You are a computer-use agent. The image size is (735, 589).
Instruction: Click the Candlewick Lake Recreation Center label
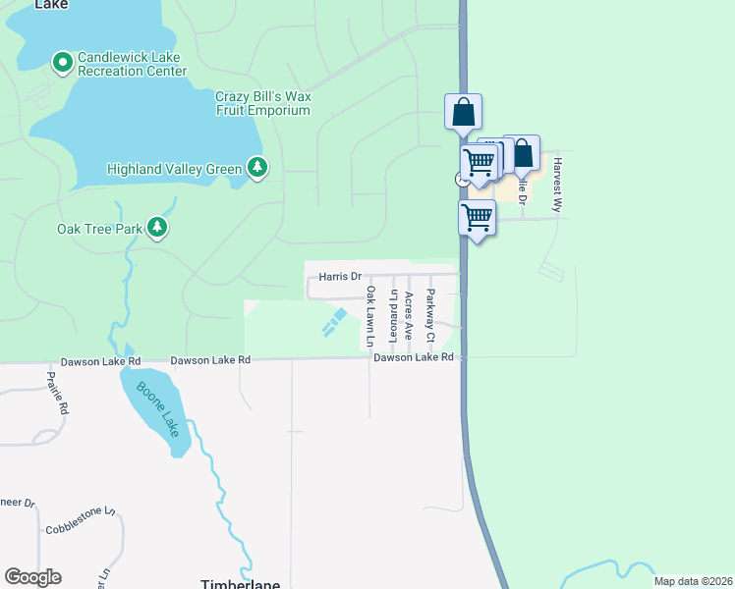132,65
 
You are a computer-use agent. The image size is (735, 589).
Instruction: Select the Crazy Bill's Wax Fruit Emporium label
262,103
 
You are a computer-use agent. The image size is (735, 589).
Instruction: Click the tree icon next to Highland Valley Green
257,168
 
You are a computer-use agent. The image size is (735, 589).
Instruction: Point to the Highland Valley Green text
174,169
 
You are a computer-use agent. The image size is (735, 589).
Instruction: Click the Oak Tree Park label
100,230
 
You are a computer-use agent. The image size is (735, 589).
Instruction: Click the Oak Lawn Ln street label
371,316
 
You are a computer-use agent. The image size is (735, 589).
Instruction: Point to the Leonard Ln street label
393,309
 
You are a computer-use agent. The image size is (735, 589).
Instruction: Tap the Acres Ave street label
409,316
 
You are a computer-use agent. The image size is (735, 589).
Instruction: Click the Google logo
32,577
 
